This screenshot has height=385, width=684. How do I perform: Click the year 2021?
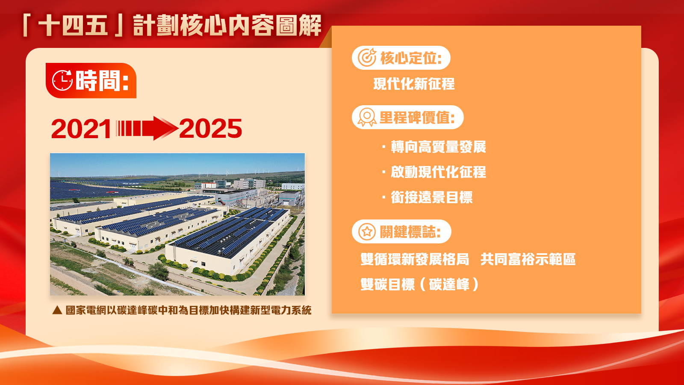(x=81, y=129)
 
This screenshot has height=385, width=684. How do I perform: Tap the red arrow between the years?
(x=147, y=128)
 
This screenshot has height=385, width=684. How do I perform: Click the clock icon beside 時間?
(x=62, y=80)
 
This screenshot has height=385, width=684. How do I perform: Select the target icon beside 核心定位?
(x=367, y=57)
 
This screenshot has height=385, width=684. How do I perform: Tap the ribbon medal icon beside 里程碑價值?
(x=367, y=117)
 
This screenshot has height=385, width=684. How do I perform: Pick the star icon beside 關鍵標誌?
(x=367, y=231)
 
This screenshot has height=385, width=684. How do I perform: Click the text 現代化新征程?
(x=414, y=84)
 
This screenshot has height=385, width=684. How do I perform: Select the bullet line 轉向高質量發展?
(x=434, y=147)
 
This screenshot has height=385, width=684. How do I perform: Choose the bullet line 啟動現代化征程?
(x=434, y=172)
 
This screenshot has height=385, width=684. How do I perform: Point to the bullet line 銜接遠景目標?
(x=427, y=197)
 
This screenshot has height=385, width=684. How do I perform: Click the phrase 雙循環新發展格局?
(x=415, y=259)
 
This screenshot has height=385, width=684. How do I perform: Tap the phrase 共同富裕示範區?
(x=528, y=259)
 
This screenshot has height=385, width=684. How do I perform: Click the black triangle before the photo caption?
(x=57, y=311)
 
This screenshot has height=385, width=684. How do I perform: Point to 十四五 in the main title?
(x=73, y=26)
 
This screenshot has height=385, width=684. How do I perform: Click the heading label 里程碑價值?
(x=417, y=117)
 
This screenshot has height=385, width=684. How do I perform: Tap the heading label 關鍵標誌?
(x=410, y=232)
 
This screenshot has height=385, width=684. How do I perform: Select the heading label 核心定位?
(x=411, y=58)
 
